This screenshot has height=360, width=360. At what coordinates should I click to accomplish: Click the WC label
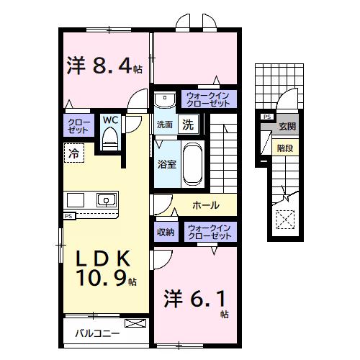111,120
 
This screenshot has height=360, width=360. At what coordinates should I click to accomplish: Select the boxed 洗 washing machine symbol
188,124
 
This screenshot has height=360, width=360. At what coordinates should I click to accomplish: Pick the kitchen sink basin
106,199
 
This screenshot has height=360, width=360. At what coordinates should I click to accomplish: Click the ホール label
206,206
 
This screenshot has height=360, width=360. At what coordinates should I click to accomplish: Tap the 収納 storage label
166,232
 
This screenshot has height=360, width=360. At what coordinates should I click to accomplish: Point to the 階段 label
285,148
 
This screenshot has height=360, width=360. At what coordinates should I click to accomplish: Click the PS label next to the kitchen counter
69,215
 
